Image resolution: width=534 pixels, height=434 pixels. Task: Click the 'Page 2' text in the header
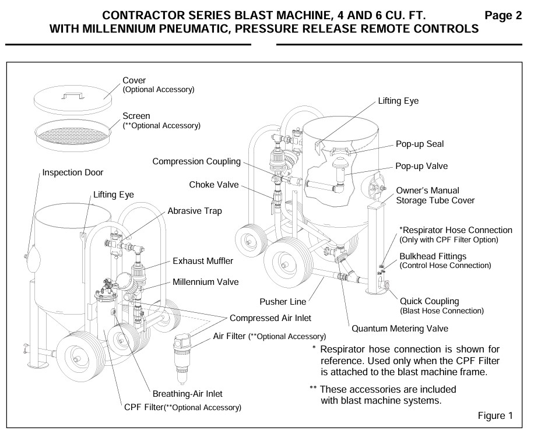coord(503,16)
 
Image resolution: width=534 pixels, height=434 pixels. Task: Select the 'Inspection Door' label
coord(73,173)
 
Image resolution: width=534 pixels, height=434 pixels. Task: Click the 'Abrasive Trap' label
coord(195,211)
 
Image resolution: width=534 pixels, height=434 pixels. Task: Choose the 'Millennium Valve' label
coord(205,282)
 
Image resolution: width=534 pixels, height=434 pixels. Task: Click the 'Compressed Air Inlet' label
coord(270,318)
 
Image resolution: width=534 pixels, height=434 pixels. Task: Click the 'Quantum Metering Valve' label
coord(400,329)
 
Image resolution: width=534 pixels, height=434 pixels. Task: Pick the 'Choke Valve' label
coord(214,185)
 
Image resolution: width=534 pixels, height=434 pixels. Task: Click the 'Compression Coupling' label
coord(196,161)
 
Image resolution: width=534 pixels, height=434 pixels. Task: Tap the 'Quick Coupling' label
coord(429,301)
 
